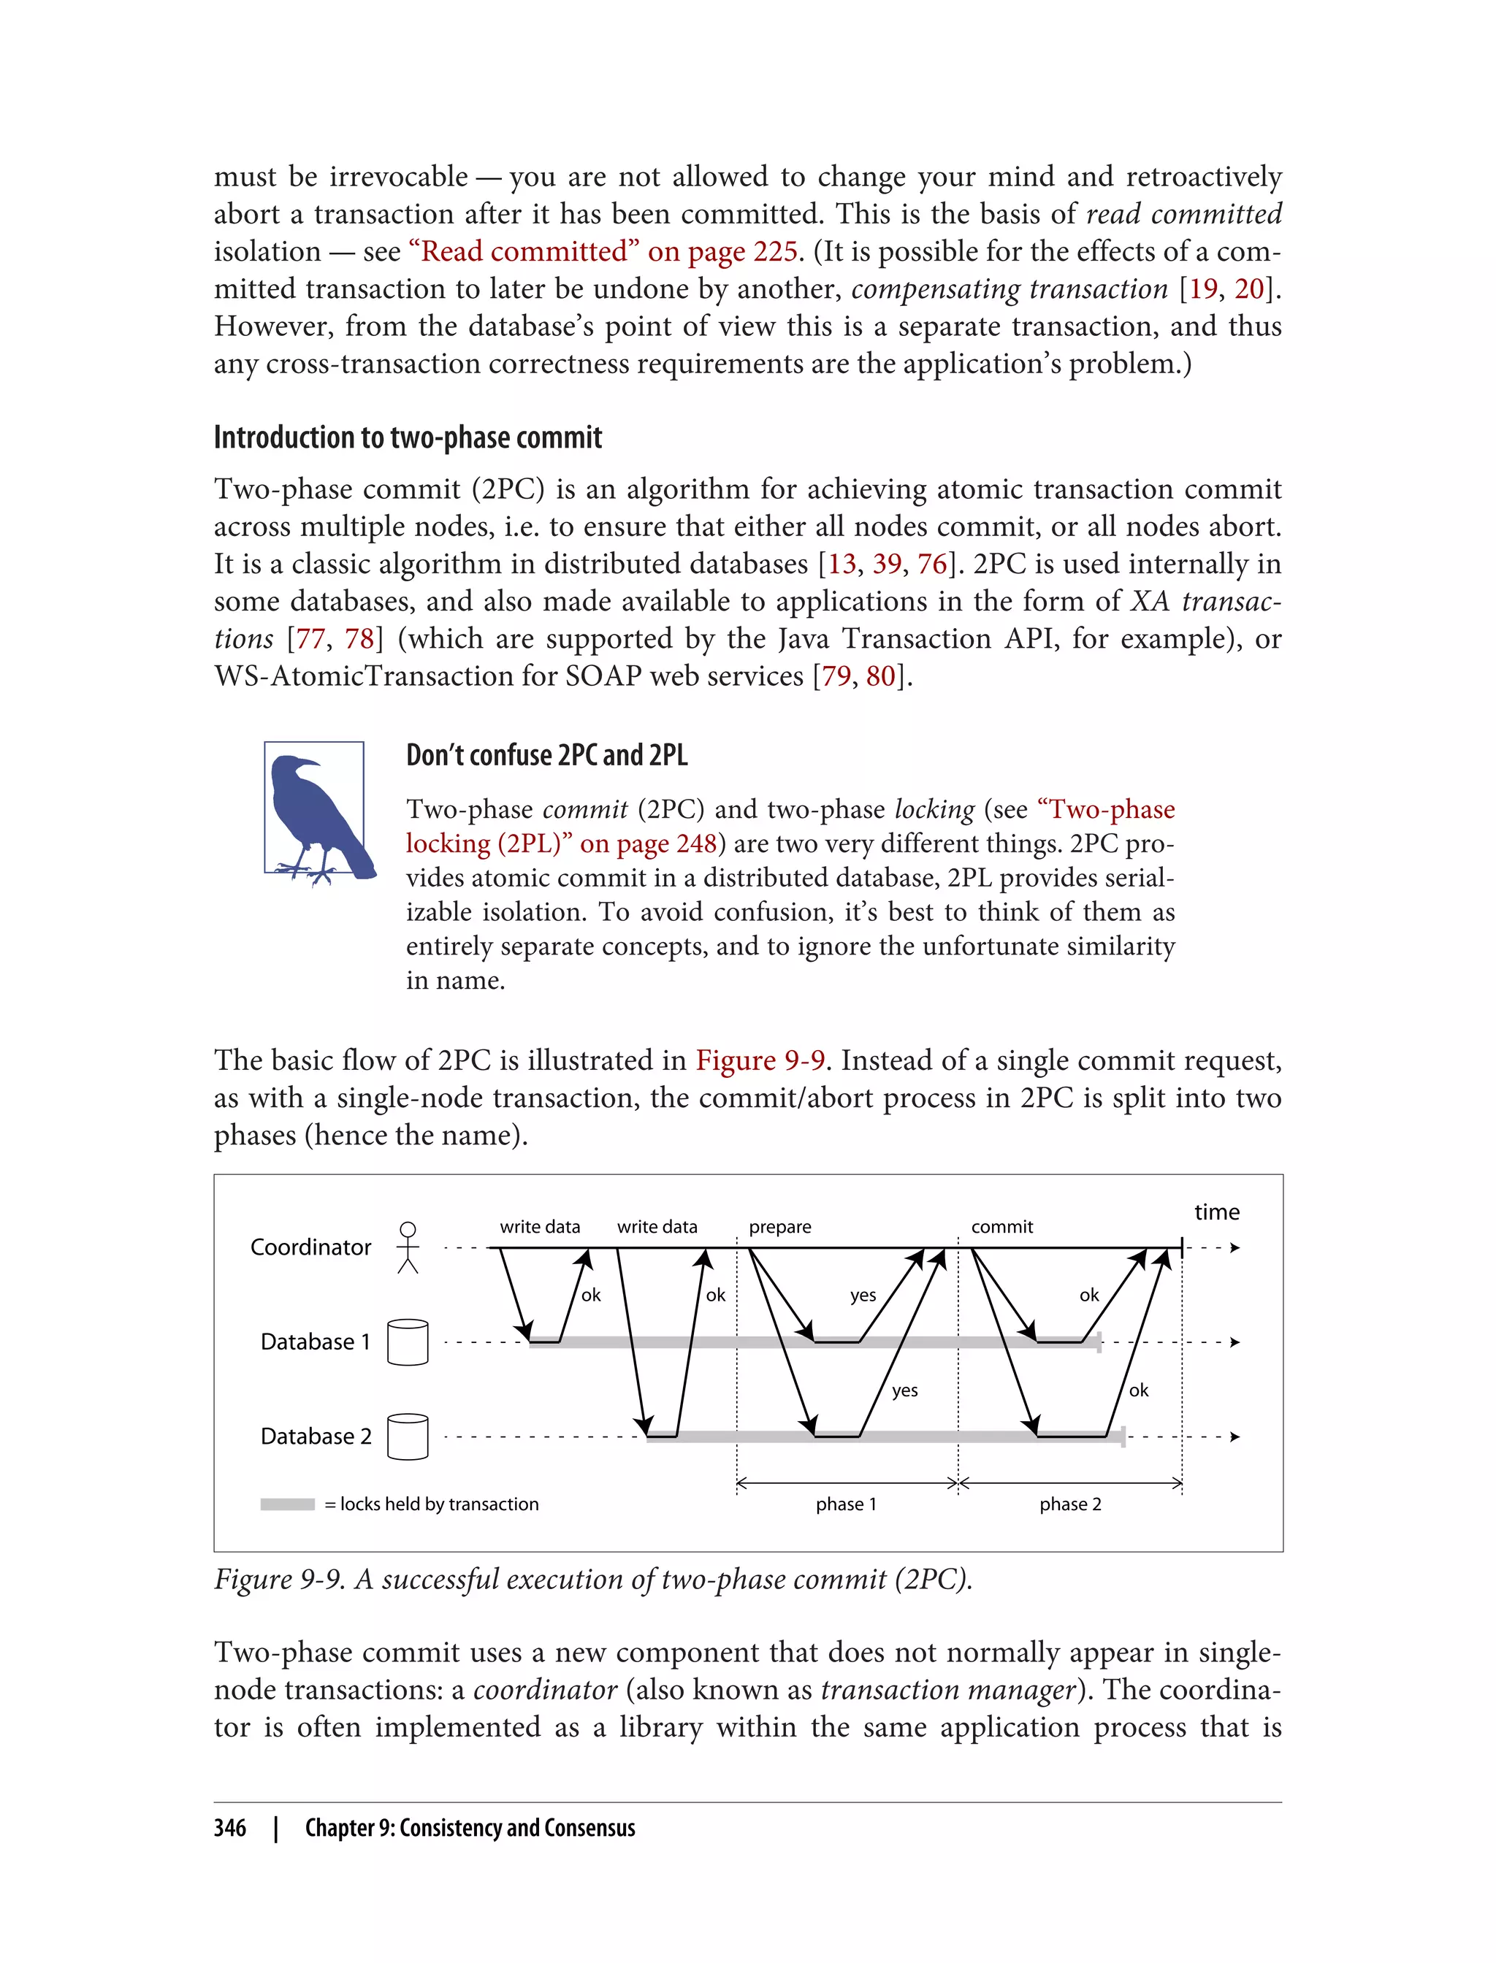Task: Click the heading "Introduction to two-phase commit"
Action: [408, 438]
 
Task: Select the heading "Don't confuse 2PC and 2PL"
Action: [546, 755]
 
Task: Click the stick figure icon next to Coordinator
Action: [408, 1247]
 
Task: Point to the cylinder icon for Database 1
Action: [408, 1342]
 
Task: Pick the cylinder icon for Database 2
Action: [408, 1436]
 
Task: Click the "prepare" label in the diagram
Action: [779, 1227]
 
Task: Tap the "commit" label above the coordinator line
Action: [1001, 1227]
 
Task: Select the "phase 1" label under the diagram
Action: [846, 1504]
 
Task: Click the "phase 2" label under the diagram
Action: [1069, 1504]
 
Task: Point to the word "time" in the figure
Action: [1216, 1212]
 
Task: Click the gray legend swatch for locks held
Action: [287, 1504]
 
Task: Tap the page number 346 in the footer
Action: [230, 1828]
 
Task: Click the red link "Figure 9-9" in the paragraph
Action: [760, 1060]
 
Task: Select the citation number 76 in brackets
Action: [931, 564]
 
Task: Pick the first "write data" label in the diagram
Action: [540, 1227]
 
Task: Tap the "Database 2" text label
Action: [316, 1436]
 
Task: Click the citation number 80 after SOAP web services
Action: [879, 676]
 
